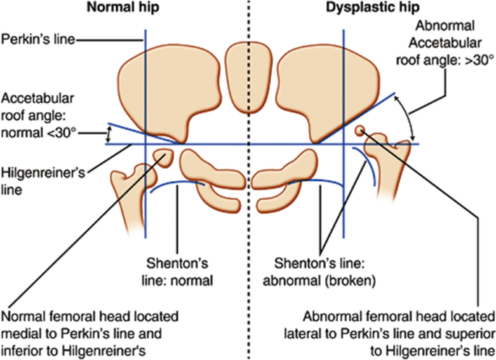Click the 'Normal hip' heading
tap(123, 7)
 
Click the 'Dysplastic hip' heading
tap(373, 7)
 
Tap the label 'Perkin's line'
tap(38, 40)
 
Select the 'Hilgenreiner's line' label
tap(43, 181)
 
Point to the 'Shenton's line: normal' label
tap(177, 272)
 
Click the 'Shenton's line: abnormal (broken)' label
tap(319, 272)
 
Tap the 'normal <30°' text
tap(38, 133)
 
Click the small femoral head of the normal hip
tap(164, 157)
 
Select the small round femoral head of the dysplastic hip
tap(360, 130)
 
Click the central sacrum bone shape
tap(248, 78)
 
